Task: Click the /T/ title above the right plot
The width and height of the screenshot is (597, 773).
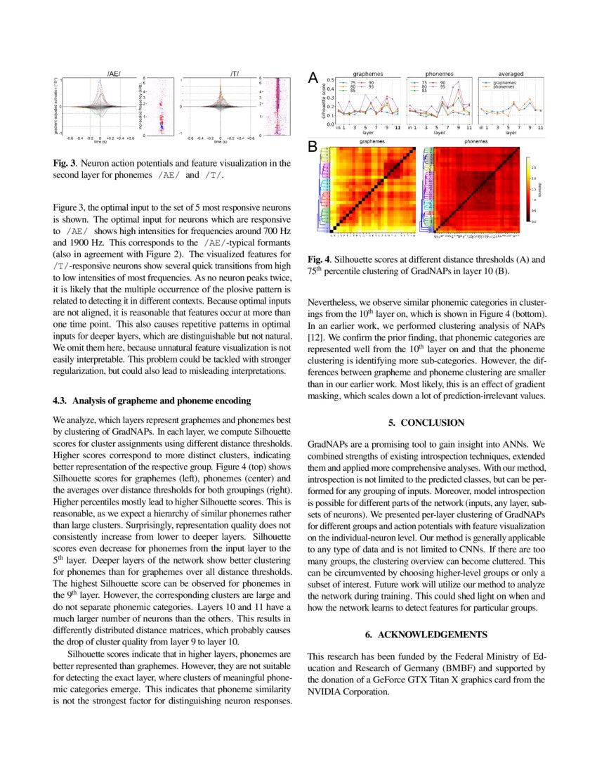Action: (x=233, y=74)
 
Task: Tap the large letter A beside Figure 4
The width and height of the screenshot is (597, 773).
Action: (x=315, y=80)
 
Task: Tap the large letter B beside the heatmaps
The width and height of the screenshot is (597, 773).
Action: (x=313, y=147)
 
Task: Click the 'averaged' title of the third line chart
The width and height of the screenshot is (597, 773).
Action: (x=511, y=73)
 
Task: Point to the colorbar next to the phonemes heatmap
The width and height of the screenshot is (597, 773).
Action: (x=530, y=190)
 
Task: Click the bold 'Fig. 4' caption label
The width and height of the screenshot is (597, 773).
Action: (x=319, y=259)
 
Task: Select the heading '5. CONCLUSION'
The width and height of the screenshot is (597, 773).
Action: (x=426, y=422)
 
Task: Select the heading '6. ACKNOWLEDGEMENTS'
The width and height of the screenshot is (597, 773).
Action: (x=426, y=635)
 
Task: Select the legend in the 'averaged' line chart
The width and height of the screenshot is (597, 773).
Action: (x=501, y=85)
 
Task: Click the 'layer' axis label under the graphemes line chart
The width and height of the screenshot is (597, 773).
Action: (x=368, y=132)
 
